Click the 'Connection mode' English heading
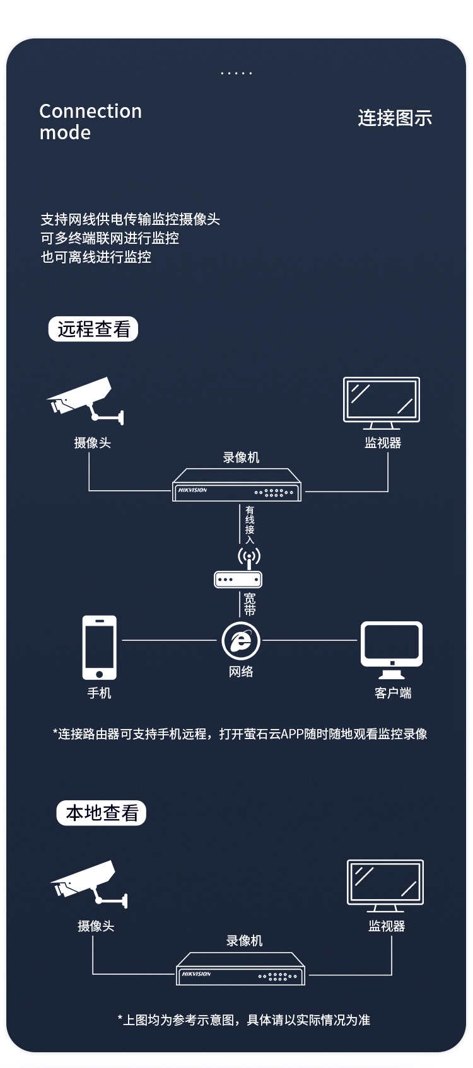(90, 122)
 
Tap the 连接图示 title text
(395, 118)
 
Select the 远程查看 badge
(93, 329)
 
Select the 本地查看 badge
(102, 813)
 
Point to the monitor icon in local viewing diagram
(385, 885)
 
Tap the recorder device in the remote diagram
(237, 485)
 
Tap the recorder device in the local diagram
(240, 969)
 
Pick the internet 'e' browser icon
(241, 641)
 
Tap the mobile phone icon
(100, 647)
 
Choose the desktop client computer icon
(392, 650)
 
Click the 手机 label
(99, 693)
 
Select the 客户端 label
(393, 693)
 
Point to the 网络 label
(241, 672)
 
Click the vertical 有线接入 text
(250, 524)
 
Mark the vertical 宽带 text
(250, 604)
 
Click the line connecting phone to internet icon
(169, 640)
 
